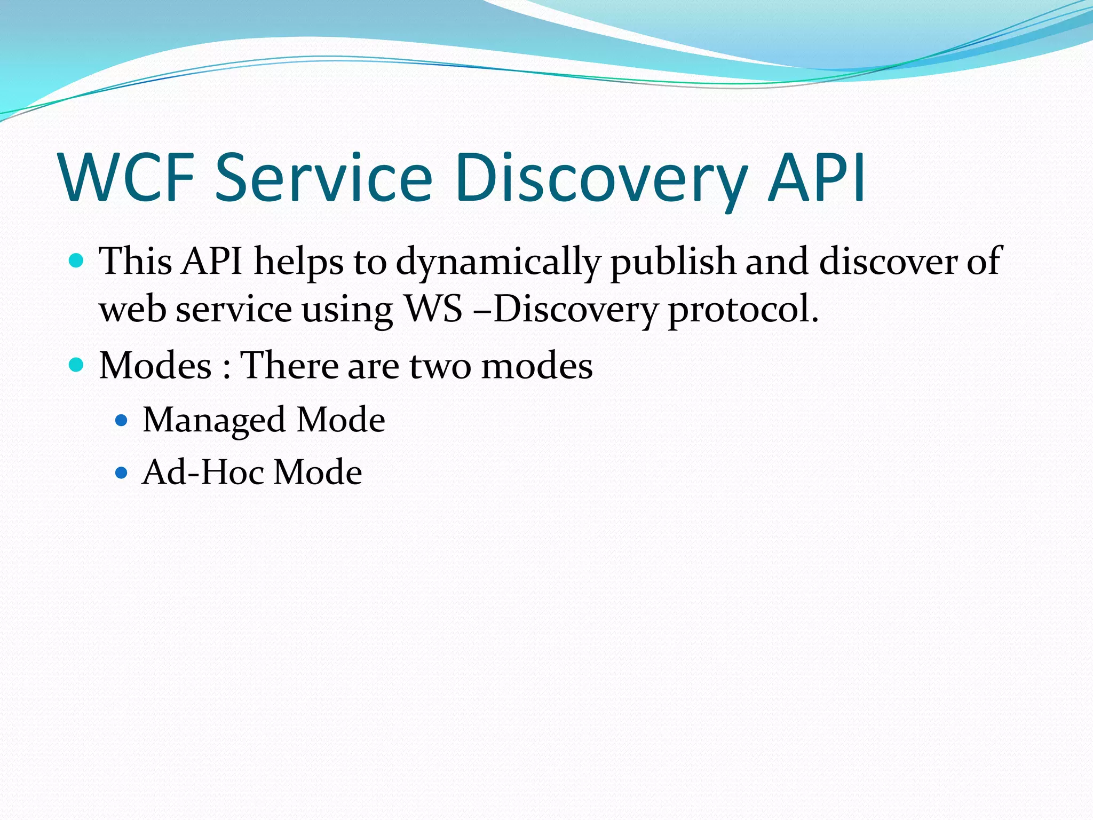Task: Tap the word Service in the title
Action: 323,178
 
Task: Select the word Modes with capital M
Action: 155,366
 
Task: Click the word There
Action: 288,366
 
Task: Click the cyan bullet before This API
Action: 77,261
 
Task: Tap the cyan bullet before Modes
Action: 77,365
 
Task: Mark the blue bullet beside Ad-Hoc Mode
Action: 122,472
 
